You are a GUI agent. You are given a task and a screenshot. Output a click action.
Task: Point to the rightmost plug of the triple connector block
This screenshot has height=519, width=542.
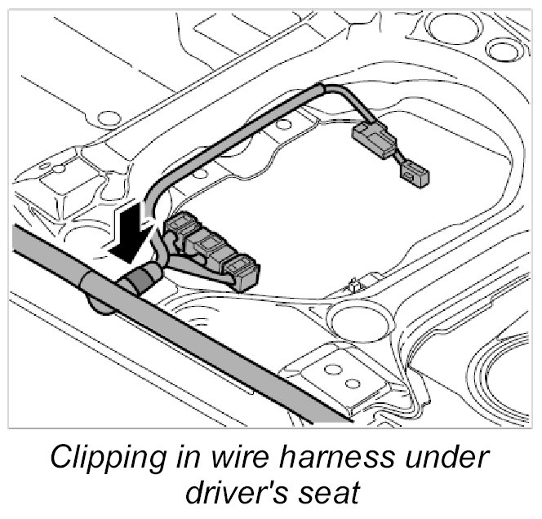coord(242,272)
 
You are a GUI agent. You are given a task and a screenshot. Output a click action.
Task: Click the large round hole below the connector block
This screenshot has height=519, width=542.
coord(349,317)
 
